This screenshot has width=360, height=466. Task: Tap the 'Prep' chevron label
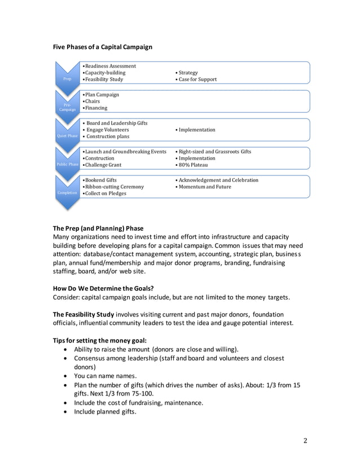67,80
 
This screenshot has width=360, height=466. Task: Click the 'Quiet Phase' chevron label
67,136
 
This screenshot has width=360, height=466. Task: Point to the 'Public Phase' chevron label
67,164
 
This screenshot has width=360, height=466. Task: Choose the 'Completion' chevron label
67,193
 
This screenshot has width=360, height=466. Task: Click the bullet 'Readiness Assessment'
110,66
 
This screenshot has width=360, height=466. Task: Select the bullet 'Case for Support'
197,80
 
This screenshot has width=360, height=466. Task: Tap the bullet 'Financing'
95,108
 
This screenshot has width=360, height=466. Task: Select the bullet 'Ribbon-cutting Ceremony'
115,187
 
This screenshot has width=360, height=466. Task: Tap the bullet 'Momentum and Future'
205,187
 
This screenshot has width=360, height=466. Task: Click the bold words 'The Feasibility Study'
84,314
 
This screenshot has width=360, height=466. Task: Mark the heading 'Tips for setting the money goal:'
100,340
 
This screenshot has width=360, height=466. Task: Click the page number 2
305,441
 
